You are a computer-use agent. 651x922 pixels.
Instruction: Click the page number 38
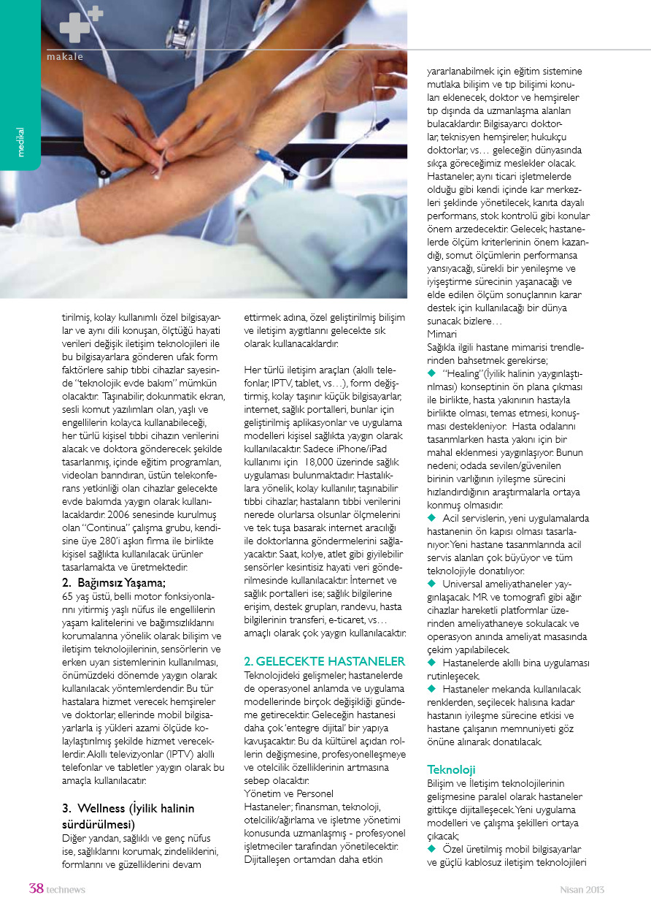[x=36, y=889]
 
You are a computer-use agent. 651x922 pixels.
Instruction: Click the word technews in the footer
[x=66, y=890]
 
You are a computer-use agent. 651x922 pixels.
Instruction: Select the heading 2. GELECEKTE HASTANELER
[x=324, y=661]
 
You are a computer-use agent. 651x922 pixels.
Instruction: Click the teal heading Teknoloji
[x=451, y=769]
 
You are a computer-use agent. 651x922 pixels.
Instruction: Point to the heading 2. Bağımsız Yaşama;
[x=113, y=582]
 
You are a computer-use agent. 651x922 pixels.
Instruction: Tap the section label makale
[x=65, y=56]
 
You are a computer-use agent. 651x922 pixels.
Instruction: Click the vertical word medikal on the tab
[x=20, y=142]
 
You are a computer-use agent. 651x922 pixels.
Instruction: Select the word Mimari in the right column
[x=442, y=333]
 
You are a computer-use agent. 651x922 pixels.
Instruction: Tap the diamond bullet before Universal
[x=431, y=583]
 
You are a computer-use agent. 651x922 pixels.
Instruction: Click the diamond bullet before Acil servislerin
[x=431, y=518]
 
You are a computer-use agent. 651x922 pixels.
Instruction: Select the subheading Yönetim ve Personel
[x=288, y=793]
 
